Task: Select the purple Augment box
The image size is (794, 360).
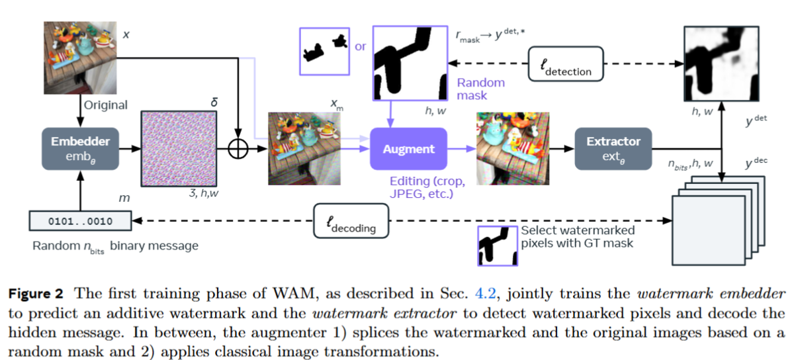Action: (408, 150)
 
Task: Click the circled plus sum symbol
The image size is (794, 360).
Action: (238, 150)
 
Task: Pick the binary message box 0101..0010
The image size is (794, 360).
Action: (81, 221)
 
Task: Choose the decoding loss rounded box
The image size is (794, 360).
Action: (351, 221)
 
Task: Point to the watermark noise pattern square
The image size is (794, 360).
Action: (179, 148)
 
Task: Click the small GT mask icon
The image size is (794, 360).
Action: (497, 245)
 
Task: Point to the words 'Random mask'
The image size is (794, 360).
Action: (480, 89)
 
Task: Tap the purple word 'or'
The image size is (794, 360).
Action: (361, 47)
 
